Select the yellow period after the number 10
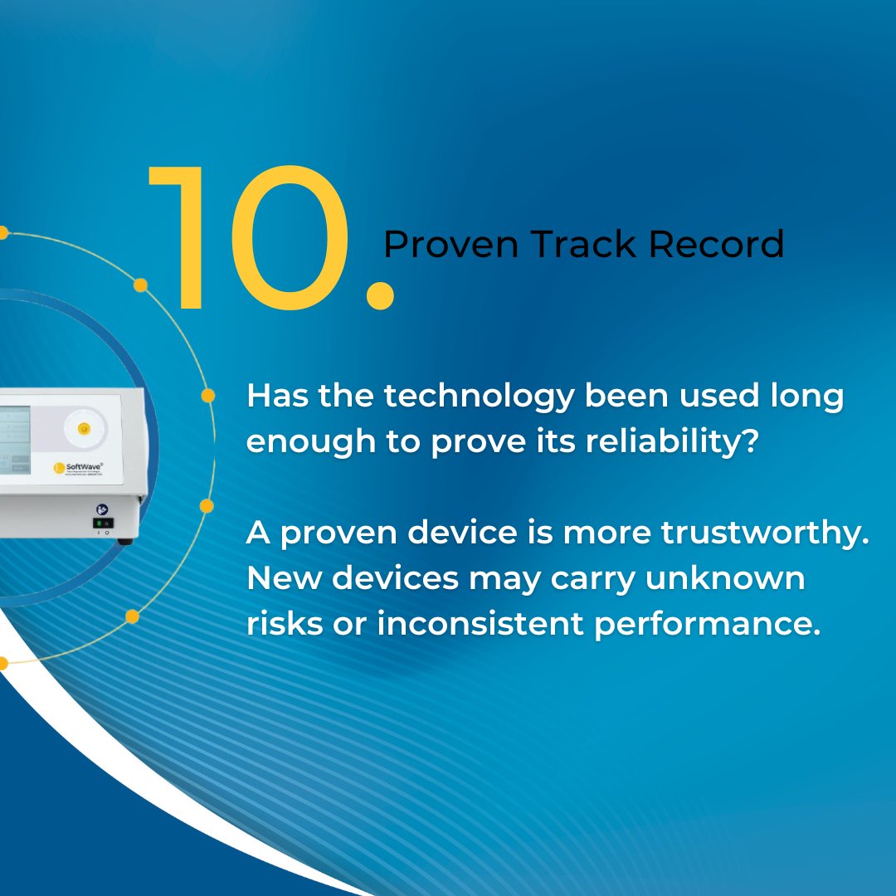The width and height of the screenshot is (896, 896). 380,295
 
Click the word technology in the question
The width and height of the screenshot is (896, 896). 479,397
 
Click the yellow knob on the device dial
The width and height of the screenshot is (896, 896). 83,428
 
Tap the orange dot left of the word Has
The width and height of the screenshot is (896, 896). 208,396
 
